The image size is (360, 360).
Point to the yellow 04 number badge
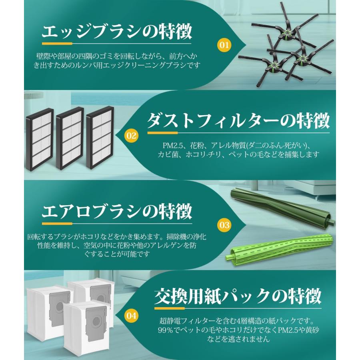pyautogui.click(x=131, y=316)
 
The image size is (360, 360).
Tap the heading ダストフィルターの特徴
pyautogui.click(x=238, y=120)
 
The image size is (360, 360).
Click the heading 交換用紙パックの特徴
pyautogui.click(x=238, y=297)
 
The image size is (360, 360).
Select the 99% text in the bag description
pyautogui.click(x=165, y=330)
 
